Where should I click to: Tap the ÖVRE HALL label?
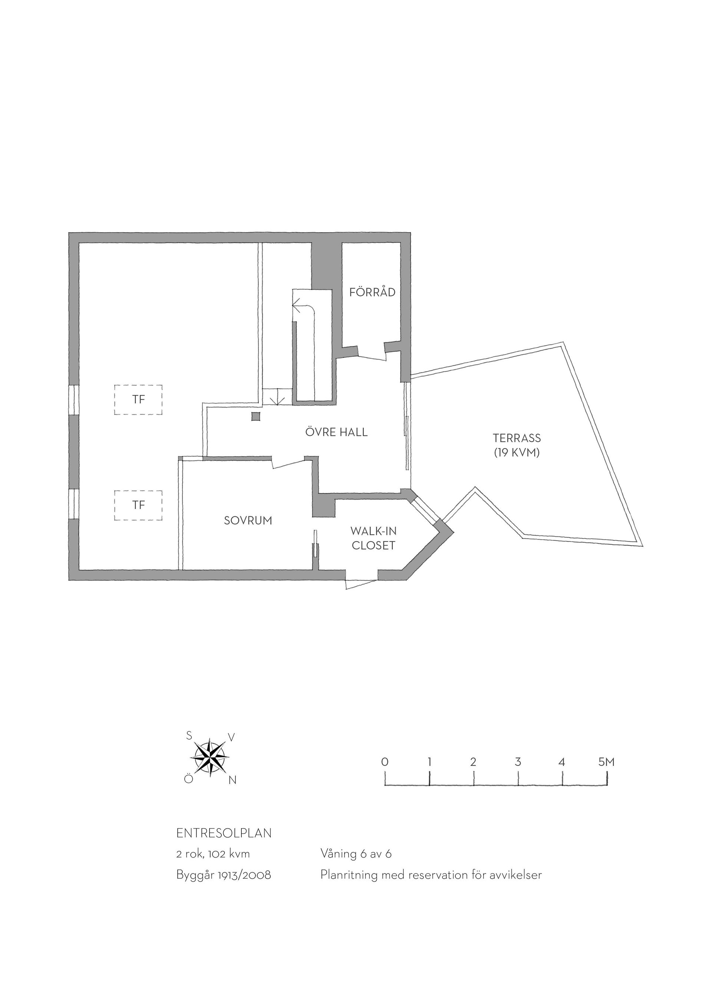coord(336,432)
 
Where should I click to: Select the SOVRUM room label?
coord(248,521)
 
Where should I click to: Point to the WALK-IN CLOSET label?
coord(373,538)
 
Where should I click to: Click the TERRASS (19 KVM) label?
coord(517,445)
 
